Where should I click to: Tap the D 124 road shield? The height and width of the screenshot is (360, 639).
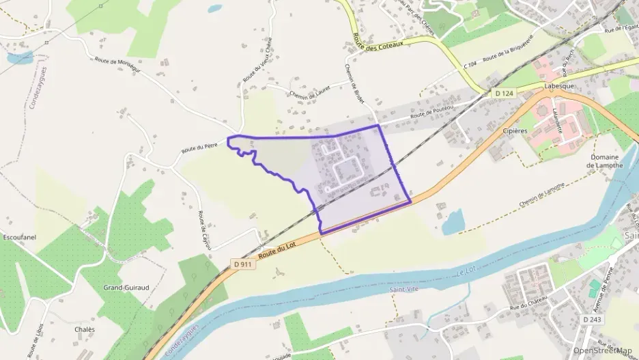coord(504,93)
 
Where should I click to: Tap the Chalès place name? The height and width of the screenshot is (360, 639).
coord(85,329)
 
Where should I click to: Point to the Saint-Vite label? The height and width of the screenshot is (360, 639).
coord(403,290)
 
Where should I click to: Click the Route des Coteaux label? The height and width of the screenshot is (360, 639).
coord(378,41)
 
